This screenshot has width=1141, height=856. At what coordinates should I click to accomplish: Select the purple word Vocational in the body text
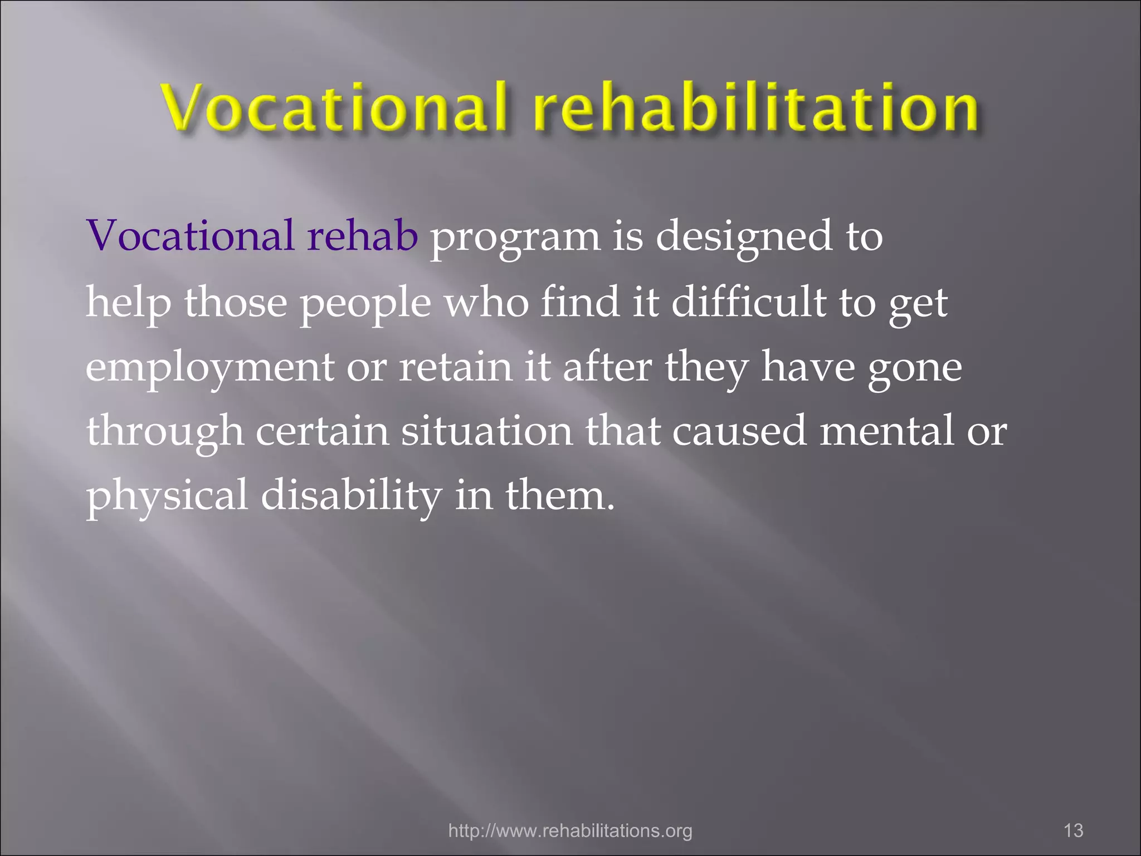point(190,236)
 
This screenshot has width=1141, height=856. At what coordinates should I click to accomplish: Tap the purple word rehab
point(362,236)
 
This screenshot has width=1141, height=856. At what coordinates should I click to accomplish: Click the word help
point(128,304)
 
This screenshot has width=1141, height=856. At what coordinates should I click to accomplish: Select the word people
point(365,304)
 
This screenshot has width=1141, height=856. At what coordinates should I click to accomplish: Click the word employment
point(210,368)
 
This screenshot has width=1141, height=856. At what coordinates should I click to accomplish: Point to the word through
point(165,432)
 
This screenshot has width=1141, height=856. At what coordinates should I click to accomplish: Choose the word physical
point(167,497)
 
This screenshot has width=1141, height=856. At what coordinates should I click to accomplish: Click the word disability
point(351,495)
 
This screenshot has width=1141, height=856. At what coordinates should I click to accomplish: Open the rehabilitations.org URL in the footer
point(570,830)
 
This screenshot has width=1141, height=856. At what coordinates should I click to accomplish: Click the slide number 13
point(1073,830)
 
